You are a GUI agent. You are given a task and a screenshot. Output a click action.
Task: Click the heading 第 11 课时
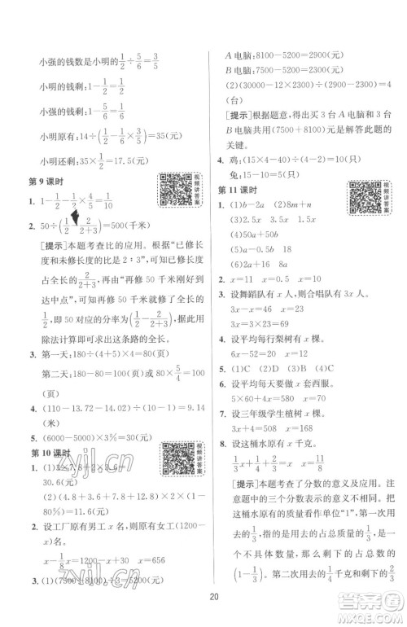(x=239, y=191)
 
